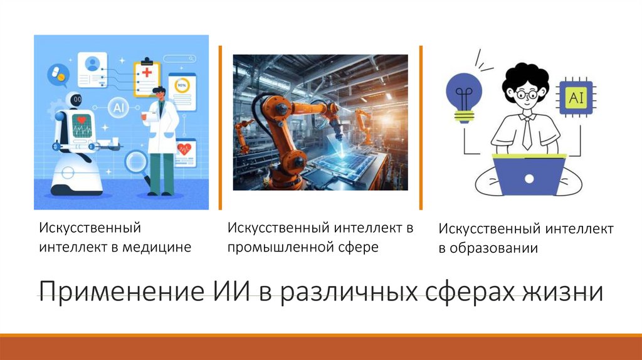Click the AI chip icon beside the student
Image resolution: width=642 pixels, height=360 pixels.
tap(575, 98)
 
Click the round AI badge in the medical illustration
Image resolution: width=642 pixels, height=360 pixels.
tap(118, 108)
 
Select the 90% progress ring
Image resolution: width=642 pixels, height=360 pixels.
tap(182, 85)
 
